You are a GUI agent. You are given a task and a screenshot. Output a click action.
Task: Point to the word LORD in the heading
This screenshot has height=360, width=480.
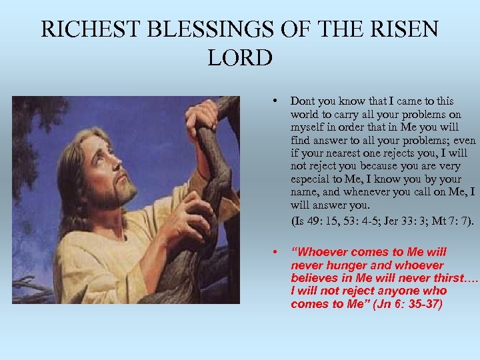pyautogui.click(x=240, y=58)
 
